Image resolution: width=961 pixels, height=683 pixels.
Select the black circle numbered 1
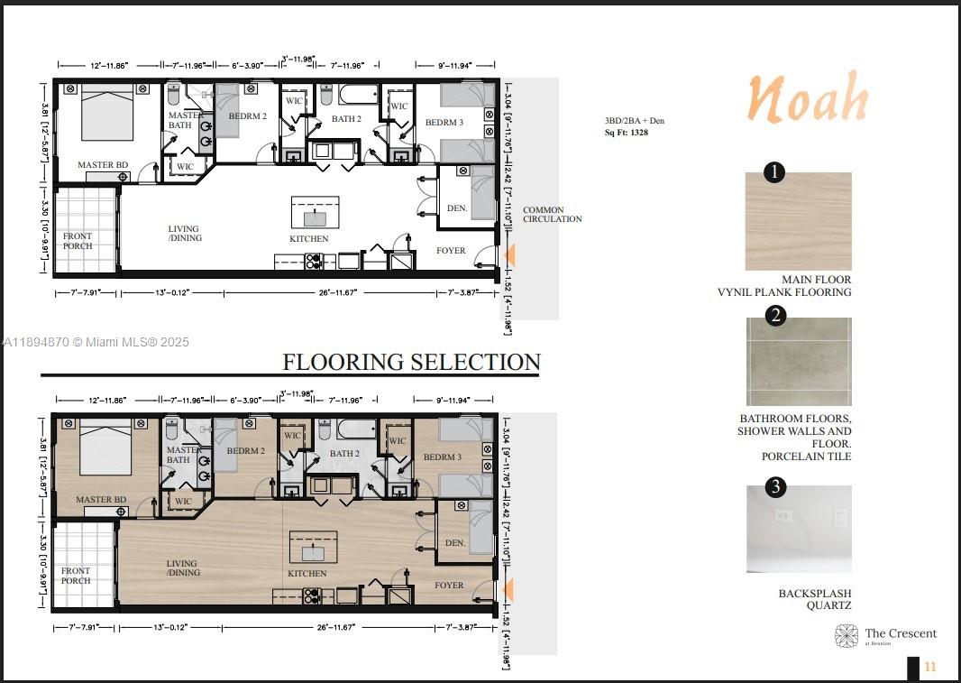pos(773,172)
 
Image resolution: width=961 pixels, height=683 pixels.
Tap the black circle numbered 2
pos(774,315)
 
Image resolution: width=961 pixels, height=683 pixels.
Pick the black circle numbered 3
pos(774,488)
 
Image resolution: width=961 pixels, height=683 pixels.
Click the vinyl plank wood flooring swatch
pos(798,222)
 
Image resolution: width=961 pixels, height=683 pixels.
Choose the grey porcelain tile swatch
pos(798,362)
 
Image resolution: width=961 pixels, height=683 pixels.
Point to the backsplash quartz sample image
pos(798,529)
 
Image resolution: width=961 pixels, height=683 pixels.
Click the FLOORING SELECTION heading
pos(411,362)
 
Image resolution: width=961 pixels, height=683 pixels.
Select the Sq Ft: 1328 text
pos(626,133)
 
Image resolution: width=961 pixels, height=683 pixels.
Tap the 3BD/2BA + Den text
pos(634,120)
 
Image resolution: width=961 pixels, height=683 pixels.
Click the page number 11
pos(930,667)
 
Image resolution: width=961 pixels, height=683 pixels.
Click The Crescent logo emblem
pos(847,636)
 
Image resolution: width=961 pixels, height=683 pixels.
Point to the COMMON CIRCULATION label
pos(552,214)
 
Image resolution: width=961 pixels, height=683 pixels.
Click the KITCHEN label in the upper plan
pos(308,239)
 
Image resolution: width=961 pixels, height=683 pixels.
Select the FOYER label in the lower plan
pos(448,586)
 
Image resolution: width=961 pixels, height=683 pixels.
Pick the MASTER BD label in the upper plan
pos(96,165)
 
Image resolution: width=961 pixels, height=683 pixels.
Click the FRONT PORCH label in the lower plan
pos(76,576)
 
